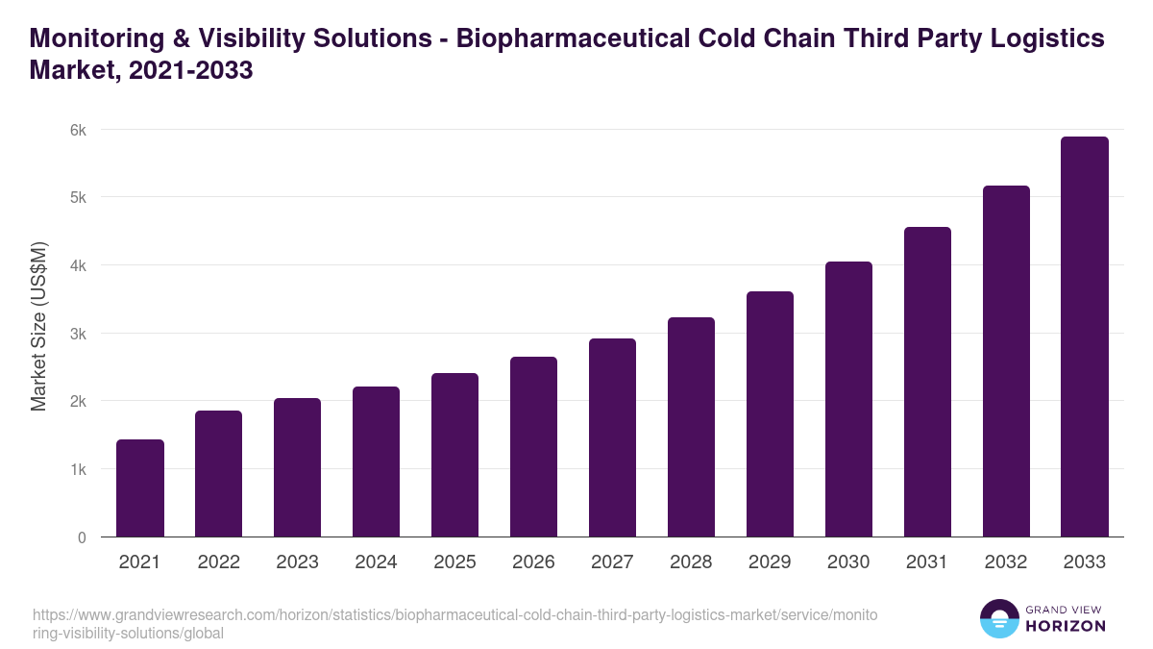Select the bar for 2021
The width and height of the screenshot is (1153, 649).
(140, 488)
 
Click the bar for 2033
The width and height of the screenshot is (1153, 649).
(1085, 337)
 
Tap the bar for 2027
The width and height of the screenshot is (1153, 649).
(612, 437)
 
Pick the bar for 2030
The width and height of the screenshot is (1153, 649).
(848, 399)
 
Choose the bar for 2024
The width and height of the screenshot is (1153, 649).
(376, 462)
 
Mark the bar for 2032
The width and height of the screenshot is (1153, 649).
(1006, 362)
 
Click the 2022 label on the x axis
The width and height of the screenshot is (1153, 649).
(218, 562)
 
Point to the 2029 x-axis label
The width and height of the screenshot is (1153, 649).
(770, 562)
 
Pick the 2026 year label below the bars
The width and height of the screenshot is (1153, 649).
(533, 562)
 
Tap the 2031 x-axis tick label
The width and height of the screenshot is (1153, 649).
(927, 562)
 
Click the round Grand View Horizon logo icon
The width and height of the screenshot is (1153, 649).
(999, 619)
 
